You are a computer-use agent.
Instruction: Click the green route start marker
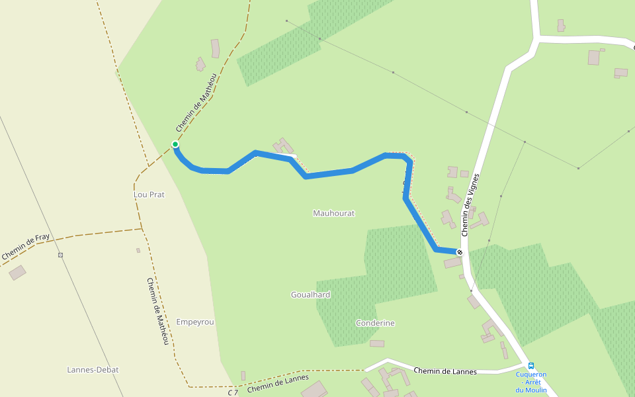click(x=175, y=144)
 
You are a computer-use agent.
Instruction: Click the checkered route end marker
click(x=459, y=252)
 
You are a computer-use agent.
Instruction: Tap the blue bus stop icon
click(x=530, y=365)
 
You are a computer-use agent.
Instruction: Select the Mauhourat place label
click(x=333, y=213)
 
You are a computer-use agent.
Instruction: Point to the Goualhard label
click(x=310, y=294)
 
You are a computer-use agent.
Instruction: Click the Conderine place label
click(x=375, y=323)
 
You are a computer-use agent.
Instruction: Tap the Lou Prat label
click(x=149, y=195)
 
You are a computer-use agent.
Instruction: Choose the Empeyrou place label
click(x=195, y=322)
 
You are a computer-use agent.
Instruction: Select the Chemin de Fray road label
click(x=26, y=246)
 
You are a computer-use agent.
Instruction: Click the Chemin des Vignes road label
click(x=470, y=204)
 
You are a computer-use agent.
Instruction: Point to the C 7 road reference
click(x=233, y=392)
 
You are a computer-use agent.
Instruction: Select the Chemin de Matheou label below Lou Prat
click(x=157, y=310)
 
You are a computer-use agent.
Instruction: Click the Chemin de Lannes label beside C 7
click(x=278, y=384)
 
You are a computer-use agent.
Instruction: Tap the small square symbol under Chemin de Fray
click(x=60, y=255)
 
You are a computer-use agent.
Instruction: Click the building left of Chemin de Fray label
click(x=18, y=272)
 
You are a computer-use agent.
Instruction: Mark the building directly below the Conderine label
click(x=377, y=343)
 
